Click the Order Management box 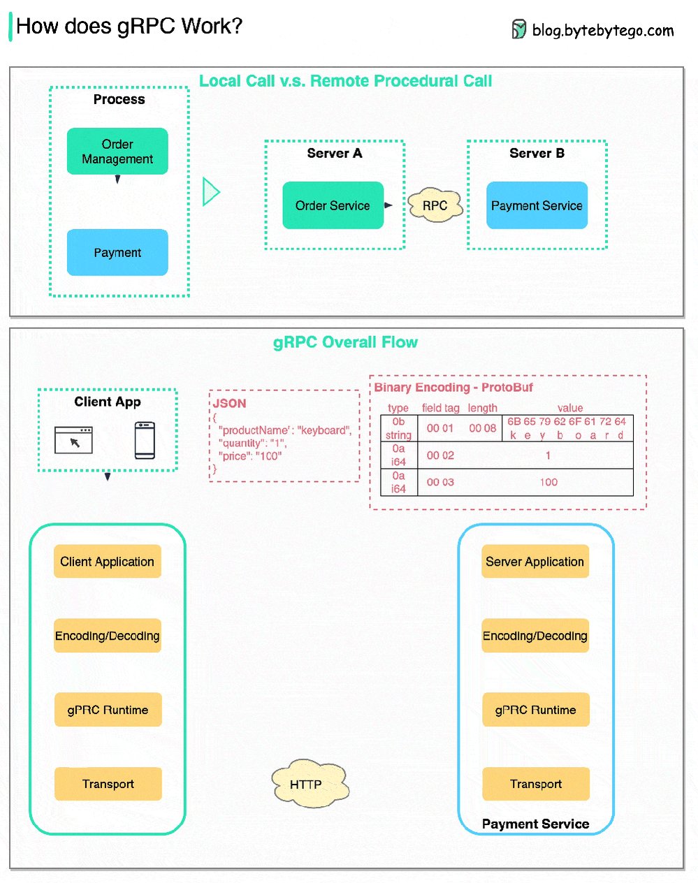(117, 151)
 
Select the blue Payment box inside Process (117, 252)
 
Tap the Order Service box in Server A (333, 205)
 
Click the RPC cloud (435, 206)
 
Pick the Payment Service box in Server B (537, 205)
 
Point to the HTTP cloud (307, 785)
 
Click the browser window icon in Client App (73, 440)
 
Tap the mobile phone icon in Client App (145, 440)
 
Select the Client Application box (107, 562)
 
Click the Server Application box (535, 562)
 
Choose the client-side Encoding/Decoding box (107, 636)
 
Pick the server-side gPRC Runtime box (535, 710)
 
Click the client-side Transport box (108, 784)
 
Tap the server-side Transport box (535, 784)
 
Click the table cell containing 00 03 (440, 482)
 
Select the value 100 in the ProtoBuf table (548, 482)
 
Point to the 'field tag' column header (440, 408)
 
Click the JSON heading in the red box (230, 404)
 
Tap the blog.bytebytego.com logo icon (518, 29)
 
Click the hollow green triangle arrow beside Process (210, 191)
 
